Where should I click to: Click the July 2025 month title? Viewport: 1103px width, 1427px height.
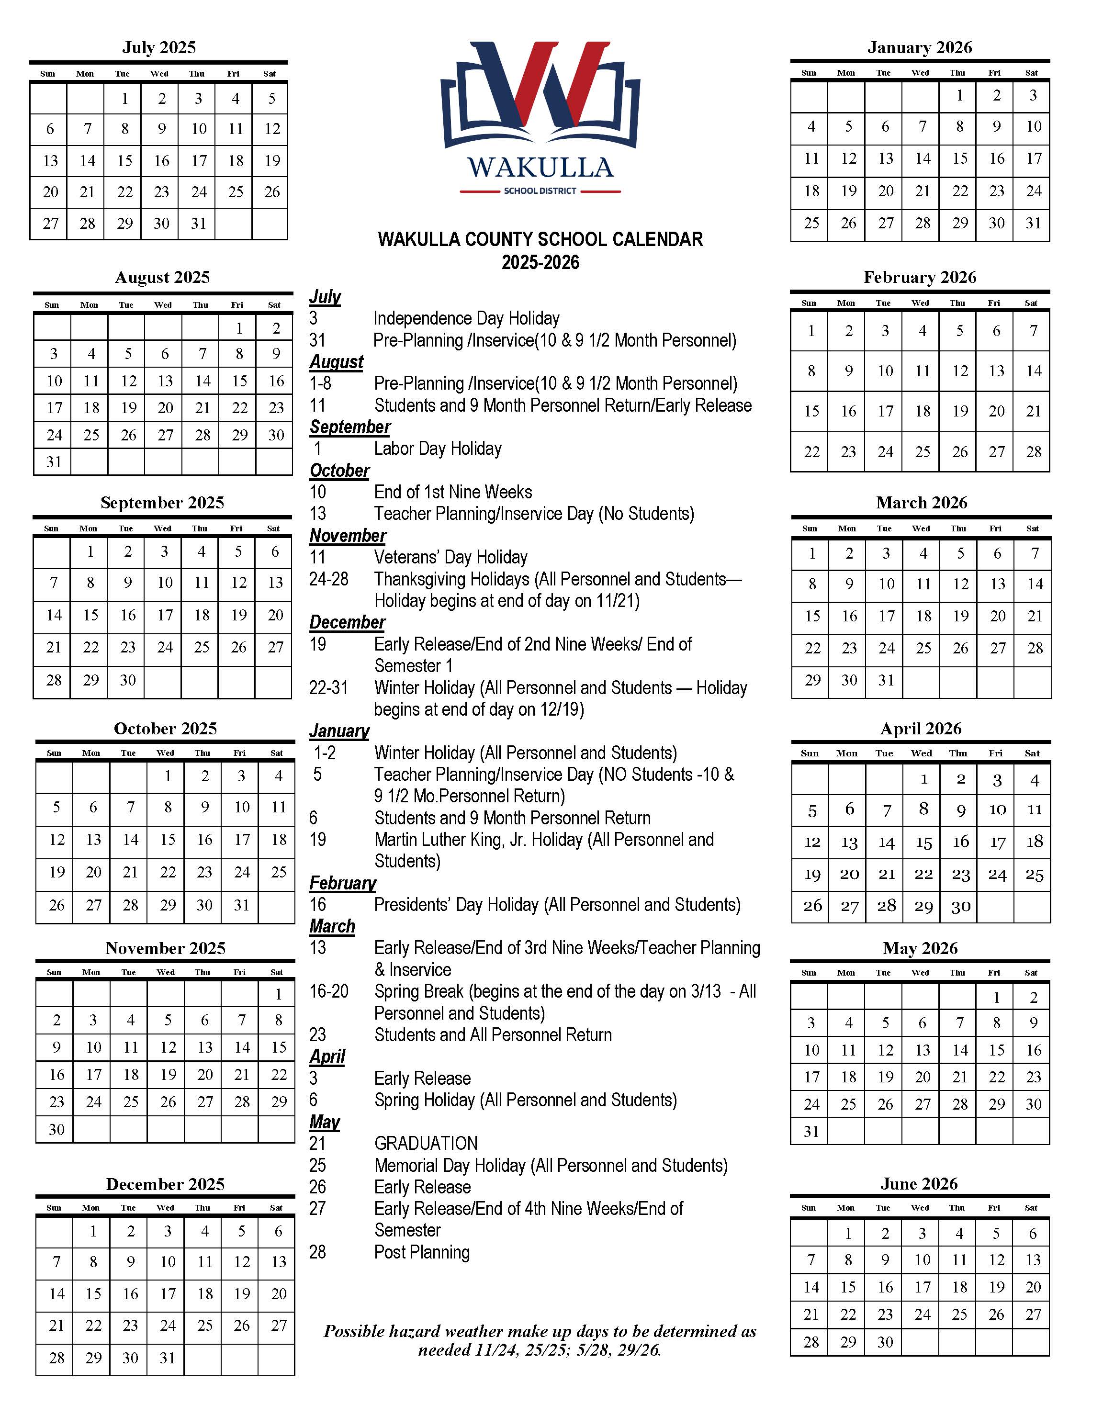tap(159, 48)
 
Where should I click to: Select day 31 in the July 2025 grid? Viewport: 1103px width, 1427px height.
tap(199, 224)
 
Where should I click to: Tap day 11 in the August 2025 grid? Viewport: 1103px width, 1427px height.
tap(91, 381)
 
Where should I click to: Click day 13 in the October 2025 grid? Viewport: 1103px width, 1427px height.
tap(93, 839)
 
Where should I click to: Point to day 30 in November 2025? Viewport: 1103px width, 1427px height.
tap(57, 1129)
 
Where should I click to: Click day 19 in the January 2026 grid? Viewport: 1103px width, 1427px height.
tap(848, 191)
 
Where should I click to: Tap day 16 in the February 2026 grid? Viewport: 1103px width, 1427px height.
tap(848, 412)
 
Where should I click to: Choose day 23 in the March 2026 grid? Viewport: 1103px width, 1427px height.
tap(849, 648)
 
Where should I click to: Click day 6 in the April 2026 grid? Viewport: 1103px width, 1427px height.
tap(849, 809)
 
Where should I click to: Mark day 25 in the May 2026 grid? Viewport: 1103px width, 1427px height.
tap(848, 1104)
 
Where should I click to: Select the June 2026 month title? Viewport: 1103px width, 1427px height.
tap(919, 1184)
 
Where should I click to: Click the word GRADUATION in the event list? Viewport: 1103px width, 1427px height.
tap(426, 1144)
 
